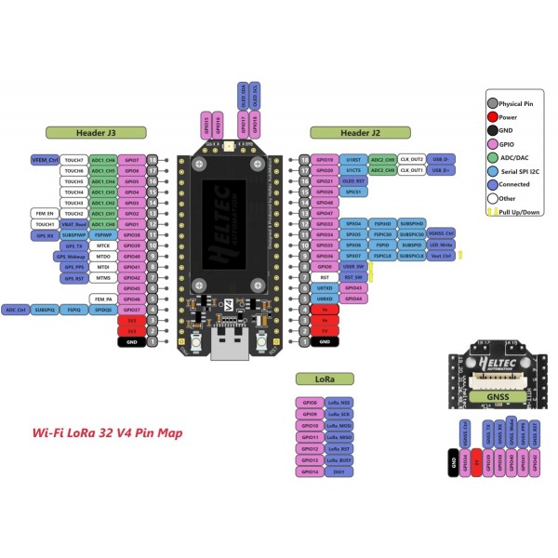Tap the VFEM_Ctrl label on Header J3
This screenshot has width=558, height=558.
click(46, 160)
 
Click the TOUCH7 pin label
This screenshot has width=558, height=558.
click(74, 160)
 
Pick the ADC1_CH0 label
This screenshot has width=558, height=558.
click(103, 224)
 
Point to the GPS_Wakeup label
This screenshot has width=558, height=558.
click(74, 256)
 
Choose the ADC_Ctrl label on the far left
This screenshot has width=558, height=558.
click(16, 309)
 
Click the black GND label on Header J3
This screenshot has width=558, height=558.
click(132, 341)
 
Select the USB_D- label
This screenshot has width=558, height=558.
click(441, 160)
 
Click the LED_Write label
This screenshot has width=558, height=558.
click(442, 245)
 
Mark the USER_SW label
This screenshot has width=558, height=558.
click(353, 267)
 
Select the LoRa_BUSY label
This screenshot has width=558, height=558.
click(339, 460)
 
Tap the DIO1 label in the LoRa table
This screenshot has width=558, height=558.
click(339, 472)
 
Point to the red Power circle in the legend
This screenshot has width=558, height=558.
click(492, 118)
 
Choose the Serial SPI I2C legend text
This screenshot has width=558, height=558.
click(521, 171)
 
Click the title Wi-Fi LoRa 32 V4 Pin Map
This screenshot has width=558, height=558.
click(107, 432)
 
